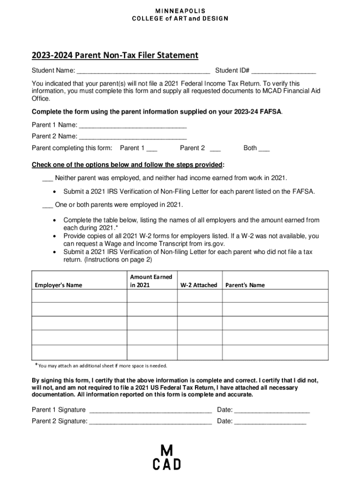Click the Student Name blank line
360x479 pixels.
(143, 72)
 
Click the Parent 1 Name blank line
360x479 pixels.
(133, 125)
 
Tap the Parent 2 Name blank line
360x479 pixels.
(133, 137)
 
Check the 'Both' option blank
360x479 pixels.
(264, 149)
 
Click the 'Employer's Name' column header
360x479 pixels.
(58, 285)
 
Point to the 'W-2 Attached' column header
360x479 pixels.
(198, 285)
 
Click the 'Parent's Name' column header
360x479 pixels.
(245, 285)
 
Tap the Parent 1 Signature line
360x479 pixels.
(150, 411)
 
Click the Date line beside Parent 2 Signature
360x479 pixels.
(270, 421)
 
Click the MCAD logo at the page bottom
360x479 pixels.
(166, 457)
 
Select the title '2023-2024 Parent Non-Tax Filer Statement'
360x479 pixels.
(115, 56)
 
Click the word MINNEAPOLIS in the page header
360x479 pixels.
(180, 11)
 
